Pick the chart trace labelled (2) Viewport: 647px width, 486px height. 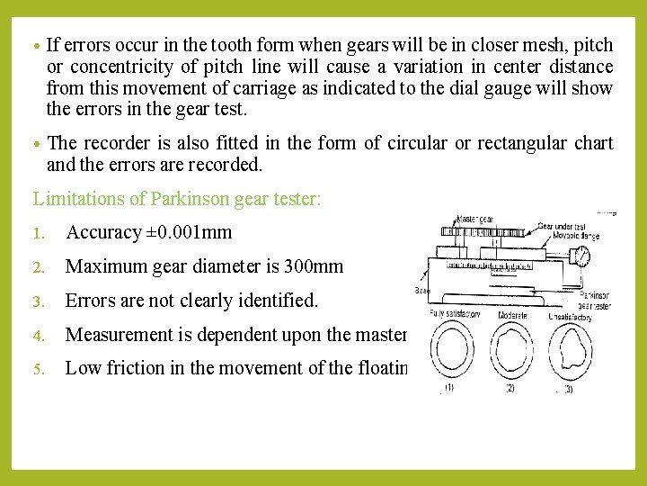tap(511, 352)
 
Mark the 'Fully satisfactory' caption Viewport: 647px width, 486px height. tap(454, 313)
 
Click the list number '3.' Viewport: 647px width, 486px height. tap(39, 301)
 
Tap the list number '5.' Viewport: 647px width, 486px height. tap(39, 368)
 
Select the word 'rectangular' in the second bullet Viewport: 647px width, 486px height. tap(520, 144)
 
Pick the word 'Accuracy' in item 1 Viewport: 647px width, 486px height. tap(103, 233)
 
